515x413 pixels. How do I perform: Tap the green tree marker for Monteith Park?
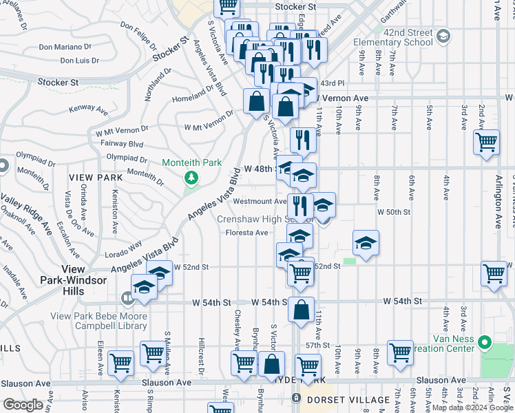[191, 178]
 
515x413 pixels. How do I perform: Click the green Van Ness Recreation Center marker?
[485, 341]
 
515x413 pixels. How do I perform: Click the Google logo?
[23, 404]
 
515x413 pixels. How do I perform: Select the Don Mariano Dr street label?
[64, 47]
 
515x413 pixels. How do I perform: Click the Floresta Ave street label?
[246, 233]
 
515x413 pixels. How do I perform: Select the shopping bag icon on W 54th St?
[301, 309]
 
